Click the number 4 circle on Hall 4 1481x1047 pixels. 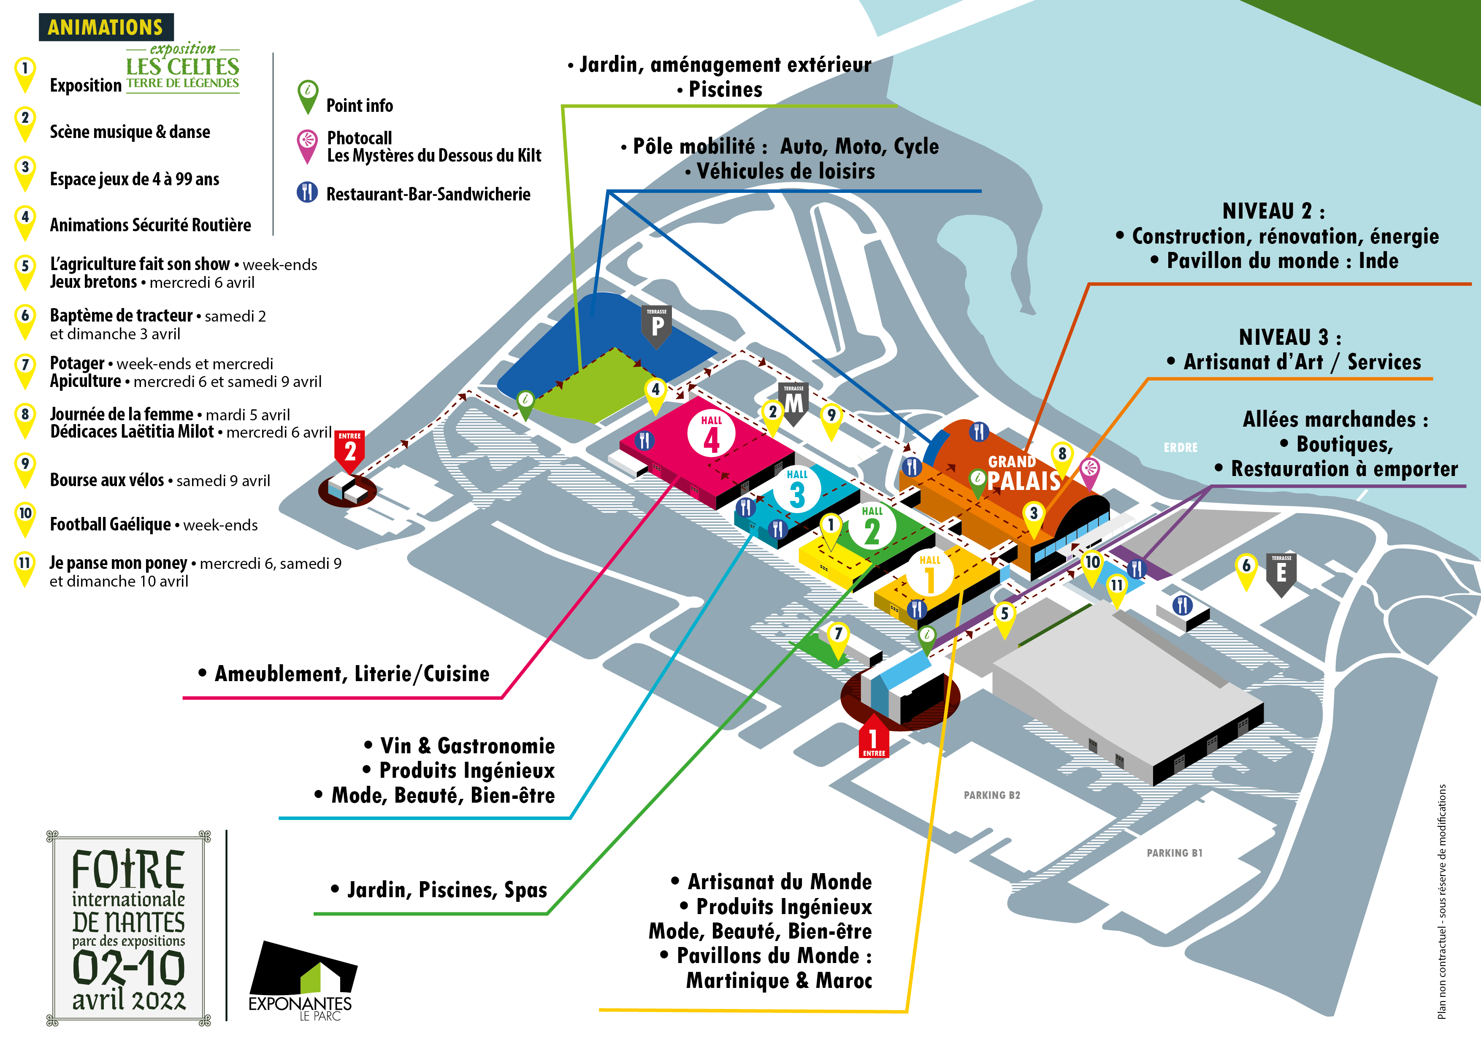coord(711,437)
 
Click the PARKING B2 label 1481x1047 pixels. coord(991,795)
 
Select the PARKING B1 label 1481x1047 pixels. coord(1174,853)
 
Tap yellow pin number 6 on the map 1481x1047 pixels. coord(1245,568)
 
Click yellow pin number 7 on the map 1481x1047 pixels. coord(837,636)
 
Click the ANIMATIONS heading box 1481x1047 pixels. coord(106,27)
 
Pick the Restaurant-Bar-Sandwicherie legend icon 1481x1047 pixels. coord(307,192)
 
